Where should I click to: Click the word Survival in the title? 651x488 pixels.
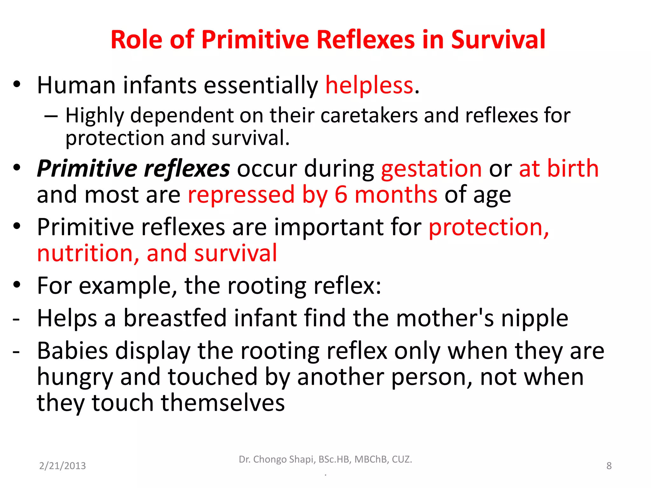click(498, 40)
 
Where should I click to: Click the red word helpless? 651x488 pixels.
click(369, 85)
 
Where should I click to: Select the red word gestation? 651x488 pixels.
click(431, 169)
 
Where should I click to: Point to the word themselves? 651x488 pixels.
click(223, 403)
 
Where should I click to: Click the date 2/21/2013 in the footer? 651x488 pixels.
click(62, 466)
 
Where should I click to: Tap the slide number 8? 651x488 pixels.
click(609, 466)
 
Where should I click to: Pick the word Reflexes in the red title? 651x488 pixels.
click(366, 40)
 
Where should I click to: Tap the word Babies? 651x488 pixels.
click(72, 351)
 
